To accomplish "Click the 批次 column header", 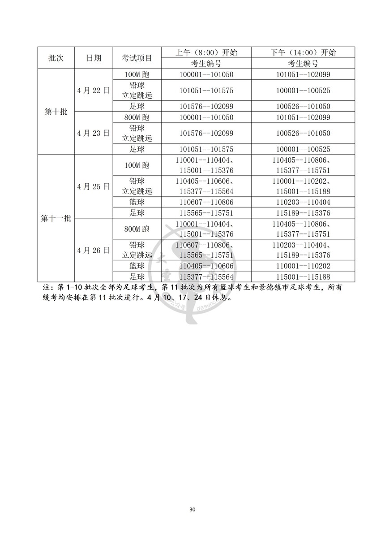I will pyautogui.click(x=56, y=58).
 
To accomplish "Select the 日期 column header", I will pyautogui.click(x=94, y=58).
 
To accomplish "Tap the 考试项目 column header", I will pyautogui.click(x=137, y=58).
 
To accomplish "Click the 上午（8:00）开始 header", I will pyautogui.click(x=206, y=52).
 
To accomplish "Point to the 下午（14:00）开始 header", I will pyautogui.click(x=303, y=52).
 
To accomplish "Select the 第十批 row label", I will pyautogui.click(x=56, y=112).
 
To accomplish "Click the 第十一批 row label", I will pyautogui.click(x=56, y=219).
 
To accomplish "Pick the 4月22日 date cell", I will pyautogui.click(x=94, y=90).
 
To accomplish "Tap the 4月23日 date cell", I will pyautogui.click(x=94, y=133).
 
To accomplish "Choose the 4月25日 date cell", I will pyautogui.click(x=94, y=186).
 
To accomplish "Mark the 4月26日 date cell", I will pyautogui.click(x=94, y=251).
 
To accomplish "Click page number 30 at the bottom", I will pyautogui.click(x=192, y=510).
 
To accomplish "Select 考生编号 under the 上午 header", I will pyautogui.click(x=206, y=63).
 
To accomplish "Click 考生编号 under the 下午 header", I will pyautogui.click(x=303, y=63).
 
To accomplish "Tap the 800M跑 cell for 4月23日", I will pyautogui.click(x=137, y=117).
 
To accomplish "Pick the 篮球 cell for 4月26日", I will pyautogui.click(x=137, y=266).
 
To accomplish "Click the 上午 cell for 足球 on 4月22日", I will pyautogui.click(x=206, y=106).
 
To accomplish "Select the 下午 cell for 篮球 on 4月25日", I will pyautogui.click(x=303, y=202).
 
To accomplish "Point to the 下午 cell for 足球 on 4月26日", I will pyautogui.click(x=303, y=277).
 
